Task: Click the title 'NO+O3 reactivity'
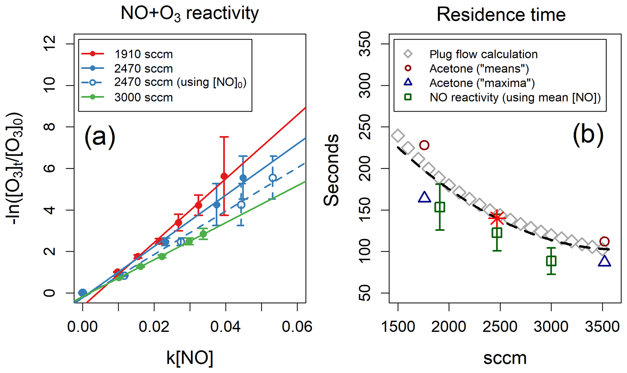[190, 14]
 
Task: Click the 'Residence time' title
[501, 14]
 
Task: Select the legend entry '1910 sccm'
[143, 54]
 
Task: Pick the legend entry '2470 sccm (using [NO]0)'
[180, 82]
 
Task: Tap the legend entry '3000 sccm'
[143, 98]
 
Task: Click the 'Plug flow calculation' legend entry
[483, 54]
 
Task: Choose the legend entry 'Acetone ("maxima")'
[482, 83]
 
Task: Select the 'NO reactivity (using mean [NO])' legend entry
[515, 98]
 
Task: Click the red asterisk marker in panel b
[497, 218]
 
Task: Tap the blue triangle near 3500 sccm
[604, 261]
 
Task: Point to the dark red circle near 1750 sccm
[424, 145]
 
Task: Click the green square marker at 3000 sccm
[551, 261]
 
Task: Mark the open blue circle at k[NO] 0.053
[273, 178]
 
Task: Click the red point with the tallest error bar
[224, 176]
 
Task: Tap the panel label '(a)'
[100, 137]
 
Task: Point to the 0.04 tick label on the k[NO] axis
[226, 327]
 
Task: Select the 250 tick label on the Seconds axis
[365, 127]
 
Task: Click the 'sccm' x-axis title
[505, 358]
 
